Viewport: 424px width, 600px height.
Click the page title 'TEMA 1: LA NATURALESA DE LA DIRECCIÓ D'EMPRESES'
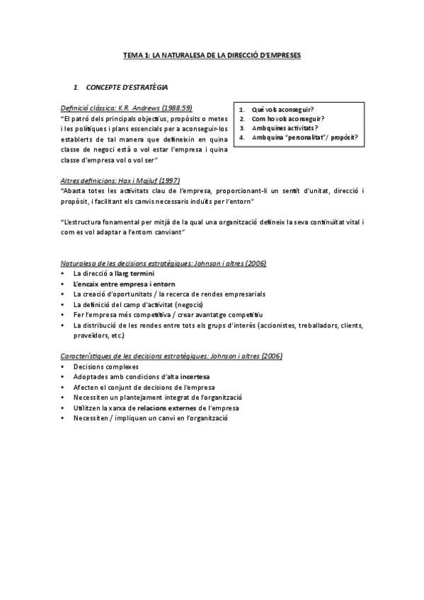tap(212, 54)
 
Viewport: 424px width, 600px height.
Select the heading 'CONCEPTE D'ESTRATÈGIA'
tap(127, 87)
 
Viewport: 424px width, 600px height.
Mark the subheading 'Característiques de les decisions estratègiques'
tap(171, 356)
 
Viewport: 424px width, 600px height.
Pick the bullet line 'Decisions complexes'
tap(106, 367)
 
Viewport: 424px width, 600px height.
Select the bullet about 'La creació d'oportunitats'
tap(169, 294)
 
